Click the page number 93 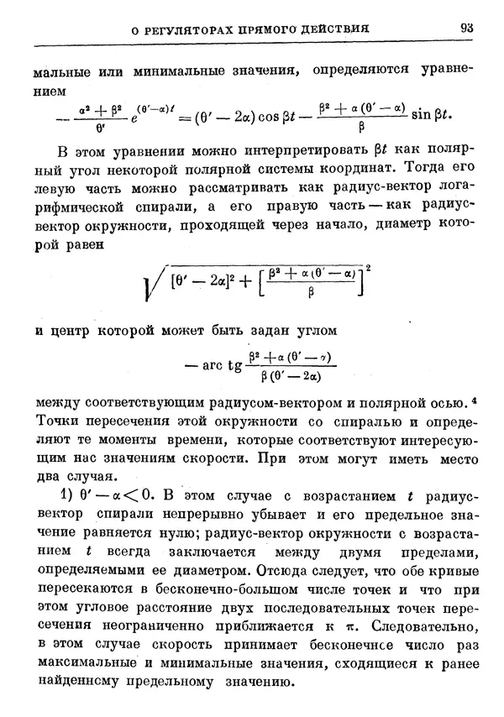point(467,28)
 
